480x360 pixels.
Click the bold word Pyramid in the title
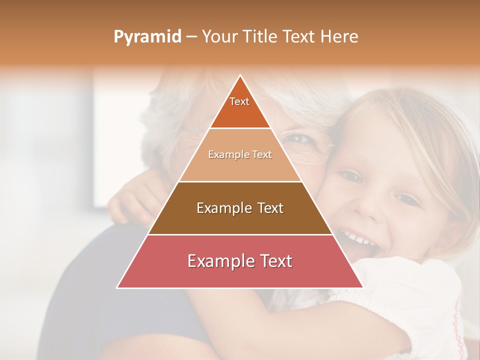tap(147, 37)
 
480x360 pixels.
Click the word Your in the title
tap(218, 36)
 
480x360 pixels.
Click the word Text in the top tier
tap(239, 101)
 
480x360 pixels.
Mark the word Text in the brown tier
tap(267, 208)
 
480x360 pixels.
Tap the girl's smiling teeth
tap(357, 237)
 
